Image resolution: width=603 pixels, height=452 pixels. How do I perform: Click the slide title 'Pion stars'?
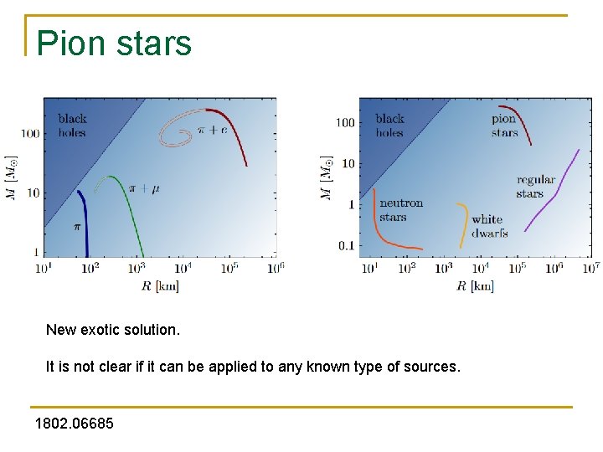[x=115, y=44]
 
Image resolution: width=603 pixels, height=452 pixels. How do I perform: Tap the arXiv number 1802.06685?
[x=75, y=424]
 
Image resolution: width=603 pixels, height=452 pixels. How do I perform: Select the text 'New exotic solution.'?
[x=113, y=330]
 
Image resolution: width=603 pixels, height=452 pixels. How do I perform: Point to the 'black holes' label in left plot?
[x=72, y=126]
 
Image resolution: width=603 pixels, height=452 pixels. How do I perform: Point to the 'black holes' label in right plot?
[x=389, y=126]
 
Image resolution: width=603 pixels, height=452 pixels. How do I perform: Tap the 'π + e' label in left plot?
[x=212, y=130]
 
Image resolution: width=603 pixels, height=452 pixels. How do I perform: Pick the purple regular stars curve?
[x=553, y=191]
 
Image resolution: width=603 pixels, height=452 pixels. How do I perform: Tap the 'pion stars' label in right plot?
[x=504, y=126]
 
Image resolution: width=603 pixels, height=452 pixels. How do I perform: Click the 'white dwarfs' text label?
[x=489, y=226]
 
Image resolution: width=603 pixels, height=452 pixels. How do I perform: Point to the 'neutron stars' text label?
[x=400, y=210]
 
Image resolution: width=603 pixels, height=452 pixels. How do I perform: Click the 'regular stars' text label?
[x=536, y=187]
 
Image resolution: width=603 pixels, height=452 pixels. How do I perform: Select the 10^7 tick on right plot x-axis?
[x=590, y=268]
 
